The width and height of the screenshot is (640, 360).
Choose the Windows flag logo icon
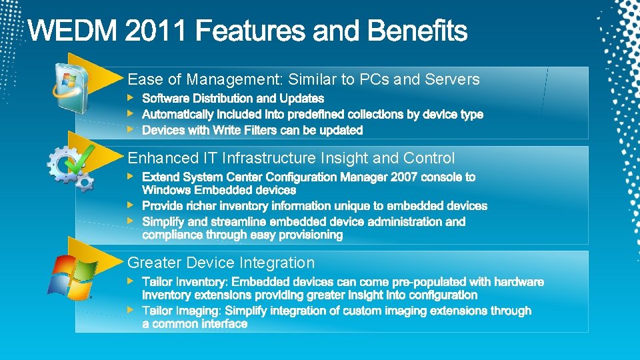pyautogui.click(x=71, y=275)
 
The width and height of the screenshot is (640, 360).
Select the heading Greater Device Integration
pyautogui.click(x=221, y=263)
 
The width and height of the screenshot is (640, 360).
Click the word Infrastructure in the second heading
pyautogui.click(x=269, y=158)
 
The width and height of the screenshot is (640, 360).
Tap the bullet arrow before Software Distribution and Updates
pyautogui.click(x=131, y=99)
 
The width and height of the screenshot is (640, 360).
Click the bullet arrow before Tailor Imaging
pyautogui.click(x=131, y=310)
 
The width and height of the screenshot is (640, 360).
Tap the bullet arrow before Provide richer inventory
pyautogui.click(x=131, y=205)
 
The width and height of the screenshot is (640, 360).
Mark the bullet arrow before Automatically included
pyautogui.click(x=131, y=114)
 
